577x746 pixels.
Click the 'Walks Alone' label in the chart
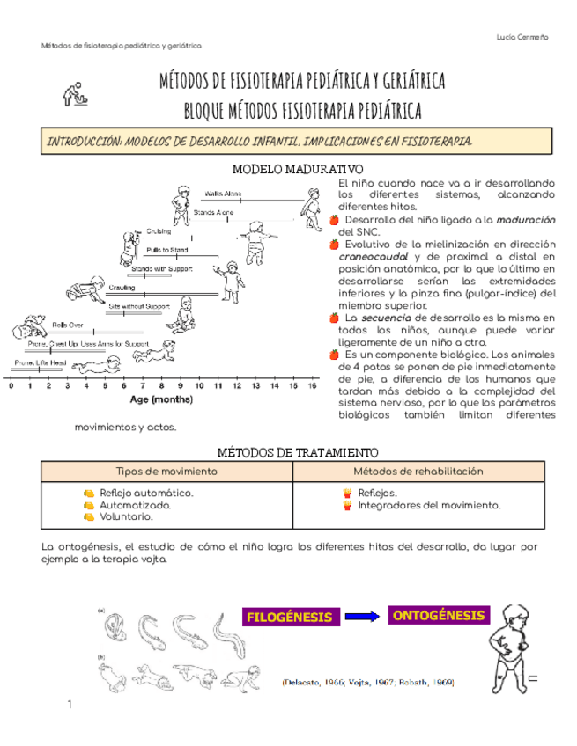223,192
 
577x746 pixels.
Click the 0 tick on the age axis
11,385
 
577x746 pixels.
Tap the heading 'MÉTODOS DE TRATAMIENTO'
285,451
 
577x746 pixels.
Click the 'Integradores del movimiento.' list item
429,505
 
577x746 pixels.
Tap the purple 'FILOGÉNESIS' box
290,617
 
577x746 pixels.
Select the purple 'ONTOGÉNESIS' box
438,615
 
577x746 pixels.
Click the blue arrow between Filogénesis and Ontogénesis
364,616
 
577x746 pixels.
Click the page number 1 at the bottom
69,705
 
